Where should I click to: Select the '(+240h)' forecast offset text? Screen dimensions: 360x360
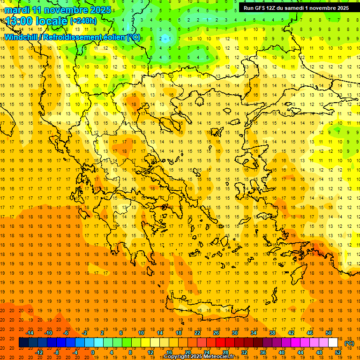click(x=83, y=21)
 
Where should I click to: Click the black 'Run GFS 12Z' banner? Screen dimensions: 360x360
click(x=296, y=8)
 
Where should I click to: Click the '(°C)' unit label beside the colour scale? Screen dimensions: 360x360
click(x=349, y=343)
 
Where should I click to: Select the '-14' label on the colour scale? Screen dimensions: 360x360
click(x=30, y=332)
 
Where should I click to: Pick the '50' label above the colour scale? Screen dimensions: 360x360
click(x=329, y=332)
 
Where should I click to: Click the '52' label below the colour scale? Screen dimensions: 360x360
click(x=338, y=352)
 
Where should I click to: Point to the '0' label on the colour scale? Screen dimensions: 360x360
click(x=93, y=352)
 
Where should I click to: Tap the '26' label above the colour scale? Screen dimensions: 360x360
click(x=216, y=332)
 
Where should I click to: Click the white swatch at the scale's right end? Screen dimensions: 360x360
click(x=333, y=343)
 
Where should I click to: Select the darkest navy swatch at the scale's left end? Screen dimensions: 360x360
click(x=23, y=343)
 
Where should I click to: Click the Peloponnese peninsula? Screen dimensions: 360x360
click(x=141, y=234)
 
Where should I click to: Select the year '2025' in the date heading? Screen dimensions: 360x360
click(x=100, y=10)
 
